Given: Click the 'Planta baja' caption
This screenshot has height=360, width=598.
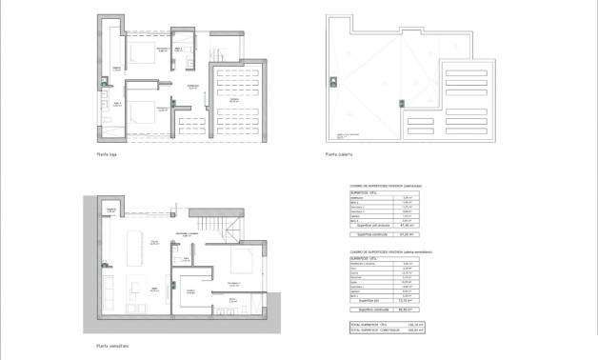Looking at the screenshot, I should point(106,153).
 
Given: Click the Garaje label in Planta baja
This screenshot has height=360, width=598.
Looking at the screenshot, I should point(234,98).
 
